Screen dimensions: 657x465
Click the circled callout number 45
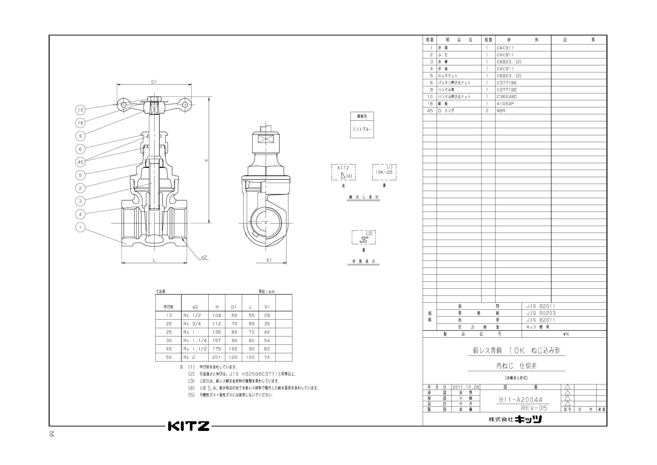pyautogui.click(x=80, y=162)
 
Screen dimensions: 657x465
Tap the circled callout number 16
pyautogui.click(x=80, y=123)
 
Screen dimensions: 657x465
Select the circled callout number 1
pyautogui.click(x=80, y=227)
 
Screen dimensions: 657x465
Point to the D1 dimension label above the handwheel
pyautogui.click(x=154, y=82)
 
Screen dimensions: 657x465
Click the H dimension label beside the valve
pyautogui.click(x=206, y=161)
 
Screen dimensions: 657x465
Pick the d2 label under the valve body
pyautogui.click(x=204, y=257)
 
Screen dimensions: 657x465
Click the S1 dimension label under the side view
pyautogui.click(x=269, y=260)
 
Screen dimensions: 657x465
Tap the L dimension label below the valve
pyautogui.click(x=154, y=260)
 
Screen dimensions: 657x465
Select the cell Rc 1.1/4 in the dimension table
pyautogui.click(x=195, y=340)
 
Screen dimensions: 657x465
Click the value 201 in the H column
pyautogui.click(x=216, y=357)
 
